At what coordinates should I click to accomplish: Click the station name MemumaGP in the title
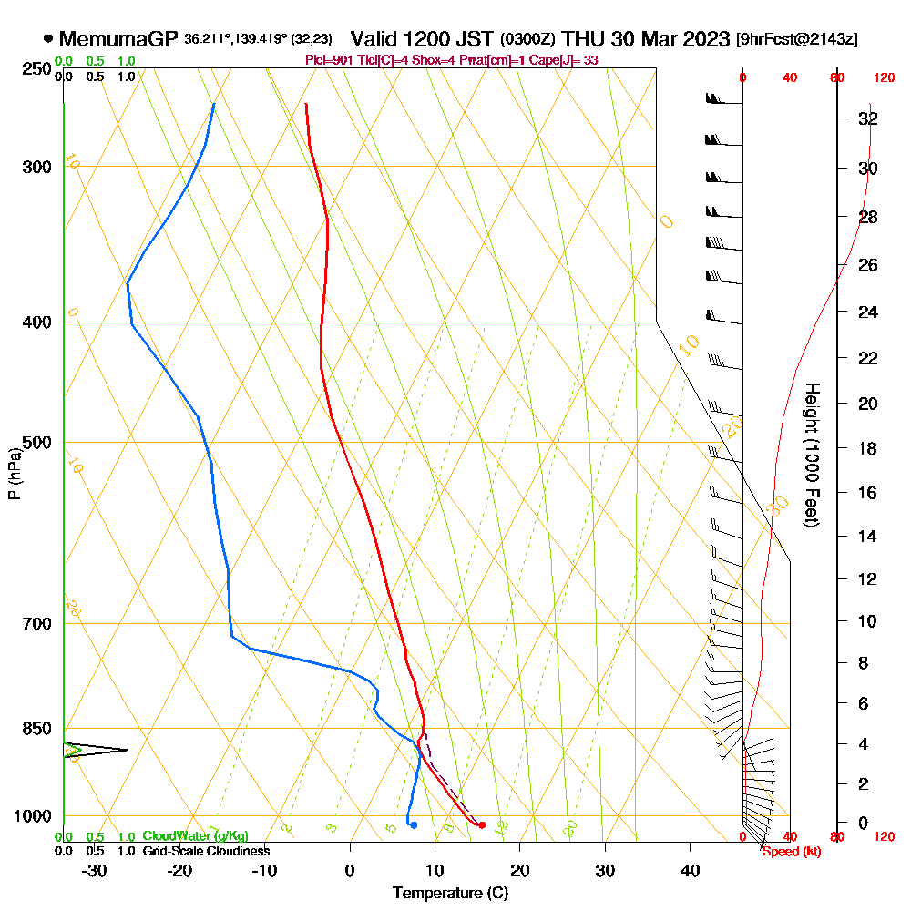point(118,39)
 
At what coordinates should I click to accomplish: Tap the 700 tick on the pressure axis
point(37,624)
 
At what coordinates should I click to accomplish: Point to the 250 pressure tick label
point(37,68)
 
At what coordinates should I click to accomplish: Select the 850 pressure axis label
point(37,729)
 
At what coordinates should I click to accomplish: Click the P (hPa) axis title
point(14,474)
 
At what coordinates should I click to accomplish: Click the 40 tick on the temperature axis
point(690,870)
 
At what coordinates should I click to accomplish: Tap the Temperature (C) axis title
point(450,893)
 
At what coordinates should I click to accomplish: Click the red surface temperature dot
point(482,825)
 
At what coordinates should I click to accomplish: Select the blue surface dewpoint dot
point(414,825)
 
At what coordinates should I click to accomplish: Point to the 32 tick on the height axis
point(868,118)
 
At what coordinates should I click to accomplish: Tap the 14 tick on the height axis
point(868,536)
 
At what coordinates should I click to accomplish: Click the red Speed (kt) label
point(786,852)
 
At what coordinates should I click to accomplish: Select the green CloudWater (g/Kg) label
point(195,836)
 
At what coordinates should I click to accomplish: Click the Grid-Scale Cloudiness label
point(205,851)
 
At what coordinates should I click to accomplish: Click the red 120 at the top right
point(883,77)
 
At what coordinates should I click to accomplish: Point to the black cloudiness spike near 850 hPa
point(96,750)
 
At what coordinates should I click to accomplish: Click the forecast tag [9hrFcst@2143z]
point(797,40)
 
